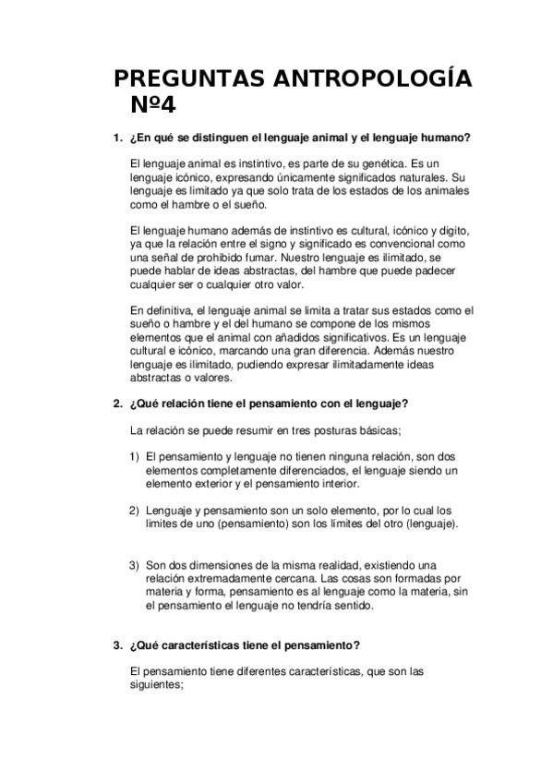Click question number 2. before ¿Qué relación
coord(117,404)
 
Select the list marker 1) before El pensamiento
coord(135,457)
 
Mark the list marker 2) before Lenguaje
coord(135,511)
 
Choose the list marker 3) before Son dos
coord(135,564)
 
